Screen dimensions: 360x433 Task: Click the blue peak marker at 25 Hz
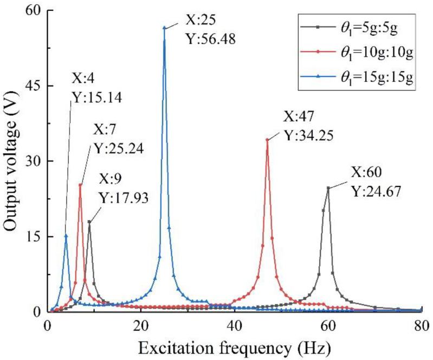(164, 28)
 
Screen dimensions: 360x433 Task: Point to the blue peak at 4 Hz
(66, 235)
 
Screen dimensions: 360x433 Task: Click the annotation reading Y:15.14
(96, 98)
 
